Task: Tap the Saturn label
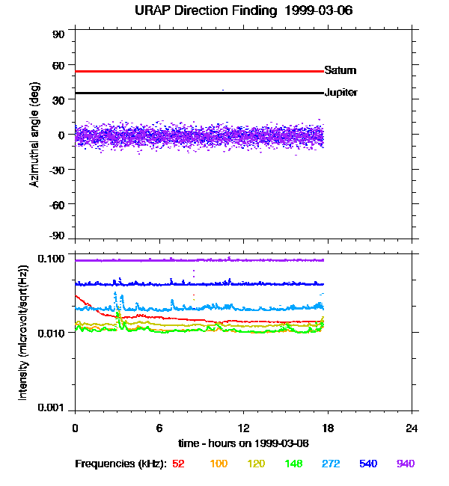[x=340, y=70]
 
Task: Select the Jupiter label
[x=340, y=93]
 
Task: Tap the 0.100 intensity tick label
[x=52, y=259]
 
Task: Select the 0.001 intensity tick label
[x=52, y=408]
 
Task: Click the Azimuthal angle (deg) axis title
[x=35, y=135]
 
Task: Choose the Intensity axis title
[x=24, y=336]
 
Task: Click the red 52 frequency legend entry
[x=178, y=464]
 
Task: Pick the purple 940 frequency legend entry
[x=405, y=464]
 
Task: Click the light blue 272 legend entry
[x=330, y=464]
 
